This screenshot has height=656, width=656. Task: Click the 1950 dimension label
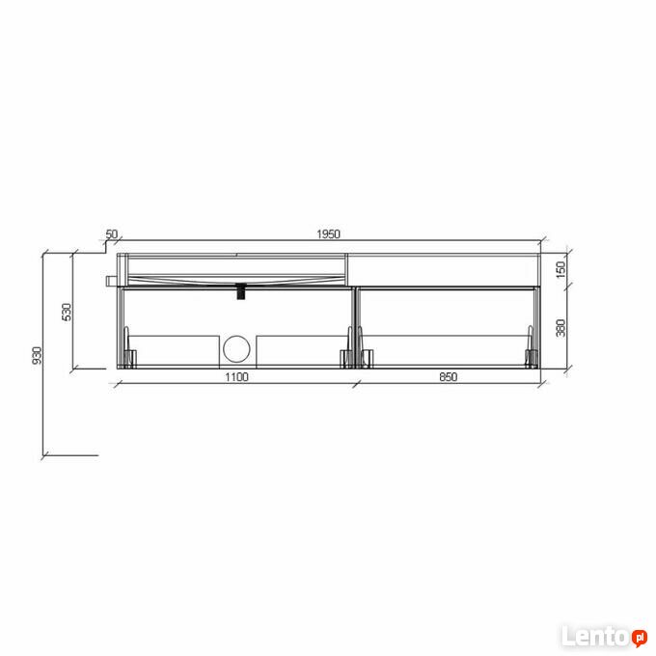pyautogui.click(x=328, y=233)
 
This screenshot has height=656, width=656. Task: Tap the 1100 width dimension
pyautogui.click(x=236, y=377)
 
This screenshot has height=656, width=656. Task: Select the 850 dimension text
pyautogui.click(x=448, y=377)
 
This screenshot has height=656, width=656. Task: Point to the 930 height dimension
pyautogui.click(x=38, y=355)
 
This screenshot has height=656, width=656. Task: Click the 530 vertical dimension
pyautogui.click(x=67, y=313)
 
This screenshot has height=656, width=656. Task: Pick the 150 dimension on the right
pyautogui.click(x=560, y=269)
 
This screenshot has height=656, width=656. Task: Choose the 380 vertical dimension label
pyautogui.click(x=560, y=328)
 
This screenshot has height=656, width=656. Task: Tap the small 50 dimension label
pyautogui.click(x=112, y=233)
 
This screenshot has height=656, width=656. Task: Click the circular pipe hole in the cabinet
pyautogui.click(x=236, y=349)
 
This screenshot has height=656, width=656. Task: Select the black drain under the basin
pyautogui.click(x=241, y=291)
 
